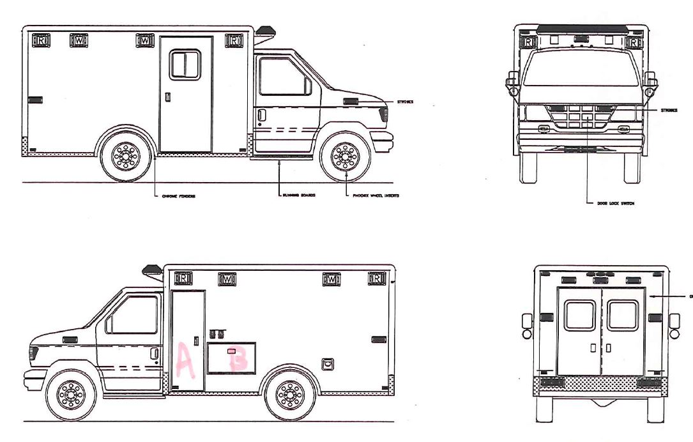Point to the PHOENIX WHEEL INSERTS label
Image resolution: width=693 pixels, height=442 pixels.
tap(376, 195)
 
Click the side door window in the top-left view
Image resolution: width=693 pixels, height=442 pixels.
tap(185, 65)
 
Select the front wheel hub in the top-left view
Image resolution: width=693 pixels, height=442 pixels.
tap(346, 156)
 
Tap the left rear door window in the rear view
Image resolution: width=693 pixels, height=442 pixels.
tap(579, 316)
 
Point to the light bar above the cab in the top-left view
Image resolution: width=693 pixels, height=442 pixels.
tap(265, 31)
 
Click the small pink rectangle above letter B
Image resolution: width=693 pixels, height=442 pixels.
tap(232, 351)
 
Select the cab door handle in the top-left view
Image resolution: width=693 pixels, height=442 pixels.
tap(261, 115)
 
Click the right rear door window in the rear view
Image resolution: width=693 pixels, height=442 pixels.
tap(622, 316)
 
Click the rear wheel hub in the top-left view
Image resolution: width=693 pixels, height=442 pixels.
tap(125, 156)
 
